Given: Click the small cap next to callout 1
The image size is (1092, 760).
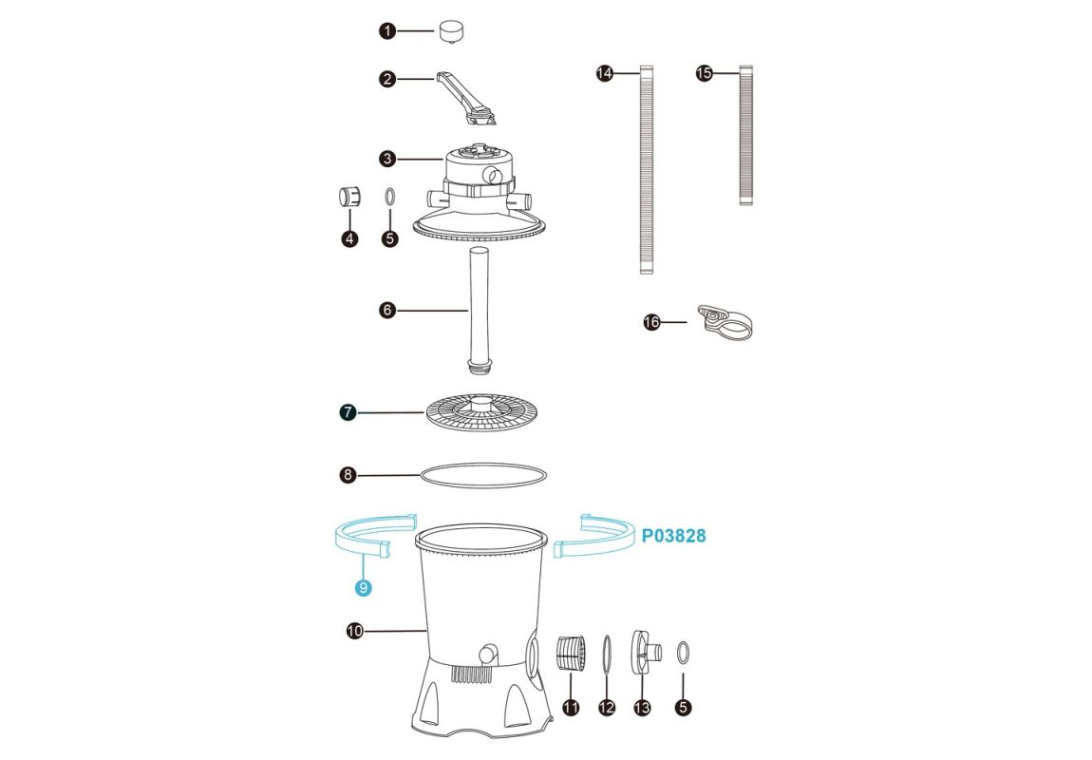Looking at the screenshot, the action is click(x=451, y=32).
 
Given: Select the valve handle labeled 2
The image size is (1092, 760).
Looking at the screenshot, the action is click(x=465, y=98).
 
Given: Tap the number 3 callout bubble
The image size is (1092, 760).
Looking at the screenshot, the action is click(x=387, y=160).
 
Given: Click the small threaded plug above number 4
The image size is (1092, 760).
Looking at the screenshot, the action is click(x=348, y=197).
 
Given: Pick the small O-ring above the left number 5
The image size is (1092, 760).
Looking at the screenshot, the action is click(x=390, y=197).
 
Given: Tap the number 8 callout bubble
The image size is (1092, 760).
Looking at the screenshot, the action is click(x=348, y=476).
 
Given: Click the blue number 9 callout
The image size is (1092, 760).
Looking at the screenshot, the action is click(x=362, y=588).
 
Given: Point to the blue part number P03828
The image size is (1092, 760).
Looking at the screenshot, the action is click(x=673, y=536).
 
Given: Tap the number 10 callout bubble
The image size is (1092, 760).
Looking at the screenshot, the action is click(x=355, y=631).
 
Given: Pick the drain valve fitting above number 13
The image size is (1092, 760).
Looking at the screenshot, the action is click(x=646, y=652).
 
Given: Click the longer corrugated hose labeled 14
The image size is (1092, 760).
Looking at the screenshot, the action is click(x=647, y=169).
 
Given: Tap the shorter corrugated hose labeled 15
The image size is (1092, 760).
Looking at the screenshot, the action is click(x=745, y=136).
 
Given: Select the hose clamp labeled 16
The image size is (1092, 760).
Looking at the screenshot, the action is click(x=725, y=323).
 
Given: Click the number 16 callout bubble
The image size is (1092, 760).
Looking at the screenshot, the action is click(x=651, y=323).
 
